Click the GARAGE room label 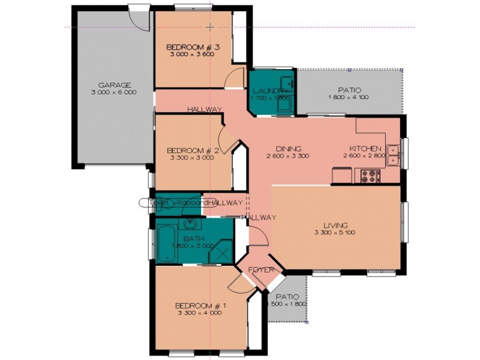click(114, 85)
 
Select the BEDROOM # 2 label click(192, 150)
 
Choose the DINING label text click(288, 149)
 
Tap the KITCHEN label click(366, 149)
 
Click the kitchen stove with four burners click(370, 176)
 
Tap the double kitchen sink click(394, 154)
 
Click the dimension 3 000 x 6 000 click(114, 92)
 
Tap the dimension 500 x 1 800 click(287, 304)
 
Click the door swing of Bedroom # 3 click(236, 79)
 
